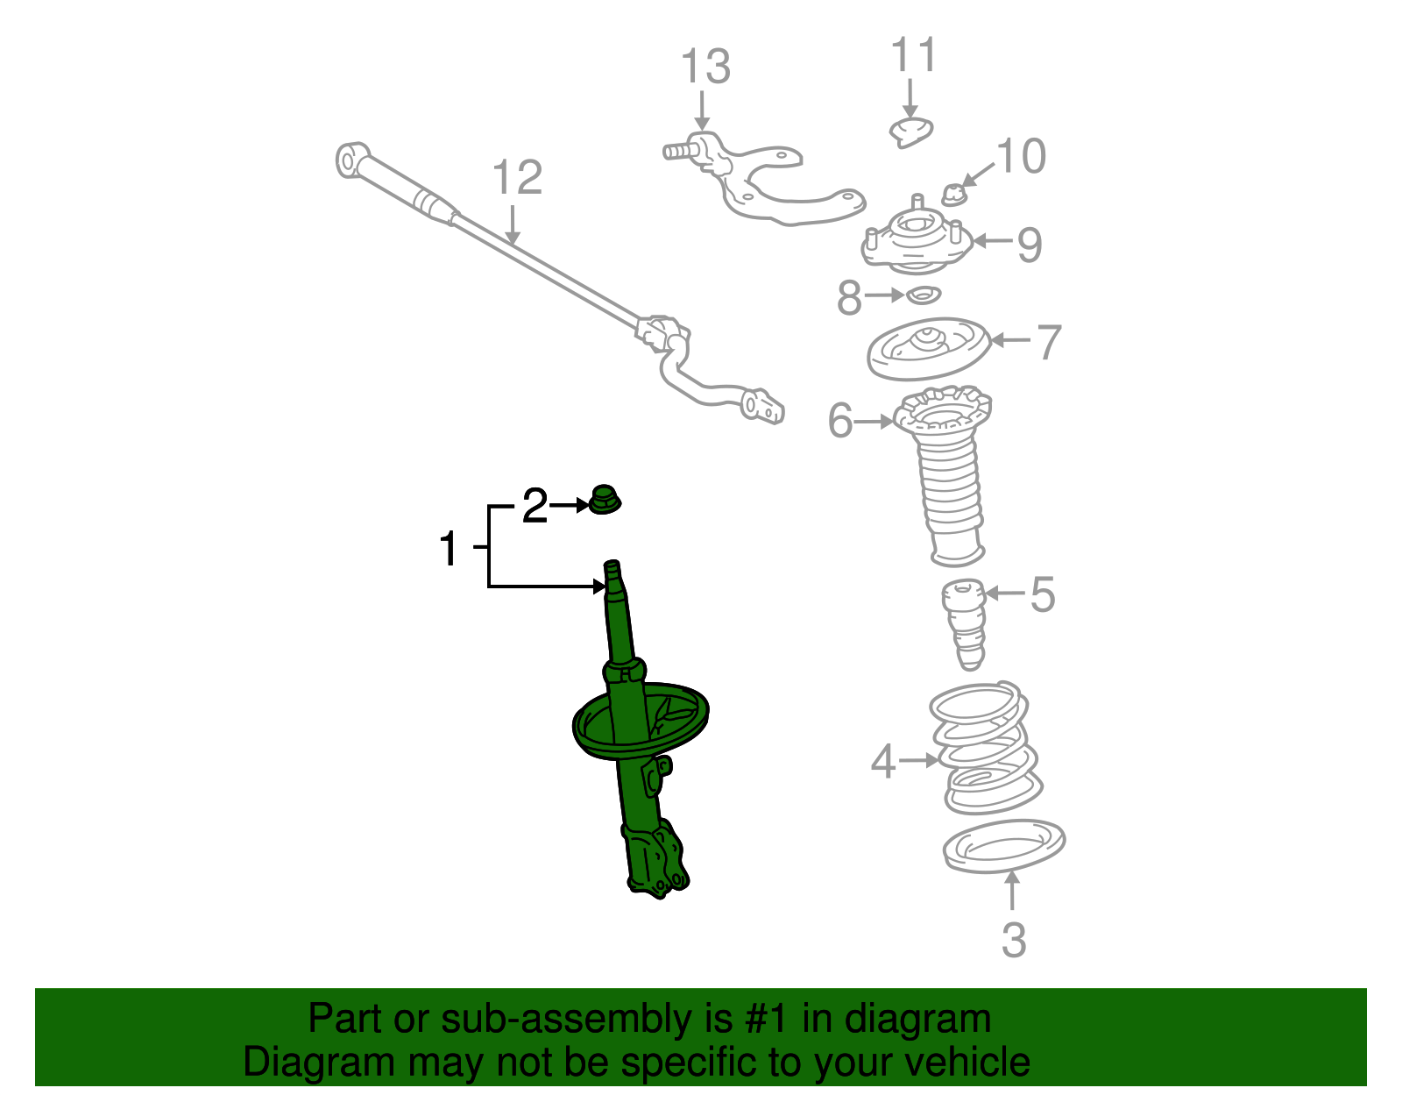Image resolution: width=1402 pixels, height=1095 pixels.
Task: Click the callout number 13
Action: [x=705, y=67]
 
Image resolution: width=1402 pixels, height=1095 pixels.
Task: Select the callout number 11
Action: [x=914, y=54]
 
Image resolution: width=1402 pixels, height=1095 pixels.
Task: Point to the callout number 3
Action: [x=1013, y=940]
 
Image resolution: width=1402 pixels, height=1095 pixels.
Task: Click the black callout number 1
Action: [x=449, y=549]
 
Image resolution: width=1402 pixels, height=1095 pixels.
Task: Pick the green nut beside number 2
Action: [x=603, y=500]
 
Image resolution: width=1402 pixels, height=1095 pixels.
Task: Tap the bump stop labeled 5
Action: [x=964, y=624]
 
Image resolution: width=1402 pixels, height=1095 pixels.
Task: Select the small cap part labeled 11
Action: [x=911, y=132]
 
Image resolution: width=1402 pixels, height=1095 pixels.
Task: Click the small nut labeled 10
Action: [x=954, y=194]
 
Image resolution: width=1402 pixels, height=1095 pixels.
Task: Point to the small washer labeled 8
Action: [x=923, y=295]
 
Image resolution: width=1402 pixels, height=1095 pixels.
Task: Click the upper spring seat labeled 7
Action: [x=927, y=348]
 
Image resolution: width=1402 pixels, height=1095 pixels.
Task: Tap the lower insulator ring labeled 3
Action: [x=1004, y=846]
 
